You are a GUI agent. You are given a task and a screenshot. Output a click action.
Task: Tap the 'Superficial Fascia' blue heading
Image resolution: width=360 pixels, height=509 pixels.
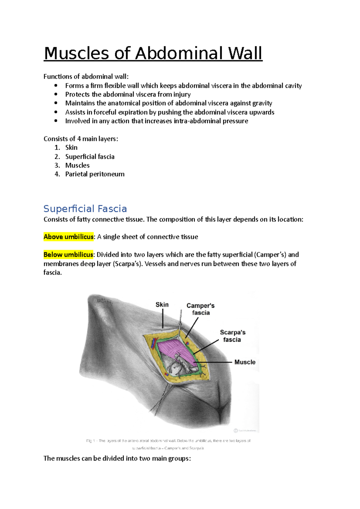(85, 209)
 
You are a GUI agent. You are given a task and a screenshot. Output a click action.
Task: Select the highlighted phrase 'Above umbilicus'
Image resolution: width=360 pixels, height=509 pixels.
(69, 237)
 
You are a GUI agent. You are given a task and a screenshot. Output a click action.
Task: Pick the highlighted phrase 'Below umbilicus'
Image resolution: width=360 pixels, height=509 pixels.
(68, 255)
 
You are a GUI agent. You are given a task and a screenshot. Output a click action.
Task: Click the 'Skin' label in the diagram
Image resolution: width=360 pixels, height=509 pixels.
(162, 305)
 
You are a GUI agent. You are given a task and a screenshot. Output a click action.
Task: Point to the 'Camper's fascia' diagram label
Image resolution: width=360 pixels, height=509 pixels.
(201, 309)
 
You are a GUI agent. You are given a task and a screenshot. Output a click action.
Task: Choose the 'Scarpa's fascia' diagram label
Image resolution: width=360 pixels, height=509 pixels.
(232, 336)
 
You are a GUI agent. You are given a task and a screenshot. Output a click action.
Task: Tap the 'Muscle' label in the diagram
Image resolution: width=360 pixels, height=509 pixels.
(245, 362)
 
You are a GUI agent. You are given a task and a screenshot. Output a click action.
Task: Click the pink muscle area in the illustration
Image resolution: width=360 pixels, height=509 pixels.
(174, 348)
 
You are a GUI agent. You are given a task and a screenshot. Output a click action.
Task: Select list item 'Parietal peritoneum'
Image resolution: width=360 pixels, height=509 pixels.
(95, 174)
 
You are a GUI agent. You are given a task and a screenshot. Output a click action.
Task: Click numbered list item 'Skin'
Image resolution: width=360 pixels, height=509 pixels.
(71, 147)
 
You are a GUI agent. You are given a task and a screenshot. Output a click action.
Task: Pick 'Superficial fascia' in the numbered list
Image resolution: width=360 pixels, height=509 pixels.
(90, 156)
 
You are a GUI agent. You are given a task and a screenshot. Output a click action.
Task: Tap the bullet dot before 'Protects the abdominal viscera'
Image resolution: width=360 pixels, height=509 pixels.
(56, 94)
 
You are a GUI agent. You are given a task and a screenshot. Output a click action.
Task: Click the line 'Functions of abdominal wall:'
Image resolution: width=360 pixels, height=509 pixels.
(86, 77)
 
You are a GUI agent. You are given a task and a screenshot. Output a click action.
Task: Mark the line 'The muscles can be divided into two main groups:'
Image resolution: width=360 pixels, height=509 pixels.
(117, 458)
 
